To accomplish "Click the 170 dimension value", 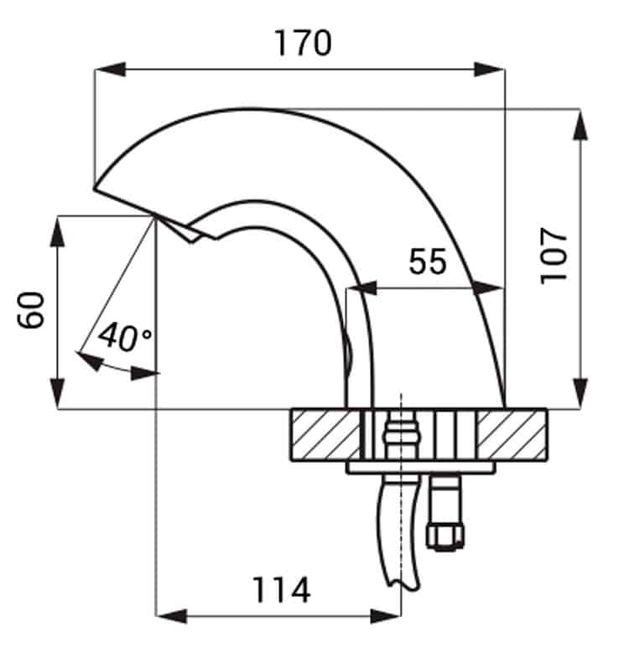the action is [x=303, y=44].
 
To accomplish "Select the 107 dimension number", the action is [x=554, y=256].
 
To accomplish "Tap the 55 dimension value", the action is [x=428, y=261].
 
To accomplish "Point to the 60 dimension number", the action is [x=30, y=310].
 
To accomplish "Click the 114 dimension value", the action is [x=282, y=590].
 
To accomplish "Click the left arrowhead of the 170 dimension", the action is [x=110, y=70].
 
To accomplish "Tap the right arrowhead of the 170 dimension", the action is [x=490, y=70].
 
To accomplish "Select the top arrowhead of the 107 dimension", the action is [x=580, y=124].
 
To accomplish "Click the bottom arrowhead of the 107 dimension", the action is [x=580, y=392].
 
